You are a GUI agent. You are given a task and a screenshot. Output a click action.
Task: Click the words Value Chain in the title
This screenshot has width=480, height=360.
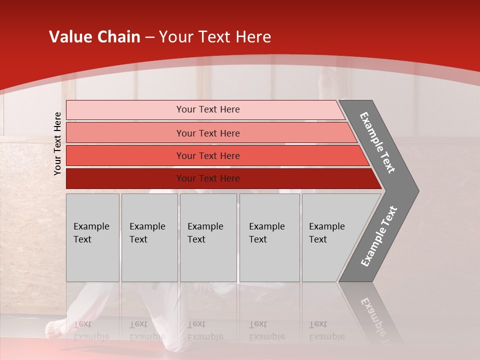tap(94, 37)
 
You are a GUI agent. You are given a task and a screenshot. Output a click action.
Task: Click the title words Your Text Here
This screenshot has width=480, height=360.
tap(215, 37)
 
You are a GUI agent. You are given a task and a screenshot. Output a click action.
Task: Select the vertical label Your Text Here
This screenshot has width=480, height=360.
tap(57, 143)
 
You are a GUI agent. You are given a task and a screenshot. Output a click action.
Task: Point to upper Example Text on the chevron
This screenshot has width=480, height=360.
tap(378, 142)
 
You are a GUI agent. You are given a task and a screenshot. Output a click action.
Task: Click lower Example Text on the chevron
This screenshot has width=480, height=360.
tap(378, 236)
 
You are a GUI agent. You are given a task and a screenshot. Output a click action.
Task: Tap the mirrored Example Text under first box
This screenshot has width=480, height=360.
tap(91, 330)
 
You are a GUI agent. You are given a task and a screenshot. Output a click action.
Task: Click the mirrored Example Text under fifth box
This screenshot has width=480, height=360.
tap(326, 330)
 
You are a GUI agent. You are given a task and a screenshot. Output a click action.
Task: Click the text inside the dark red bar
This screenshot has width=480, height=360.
tap(208, 178)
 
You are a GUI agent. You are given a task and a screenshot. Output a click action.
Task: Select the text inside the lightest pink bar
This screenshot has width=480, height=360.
tap(208, 109)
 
